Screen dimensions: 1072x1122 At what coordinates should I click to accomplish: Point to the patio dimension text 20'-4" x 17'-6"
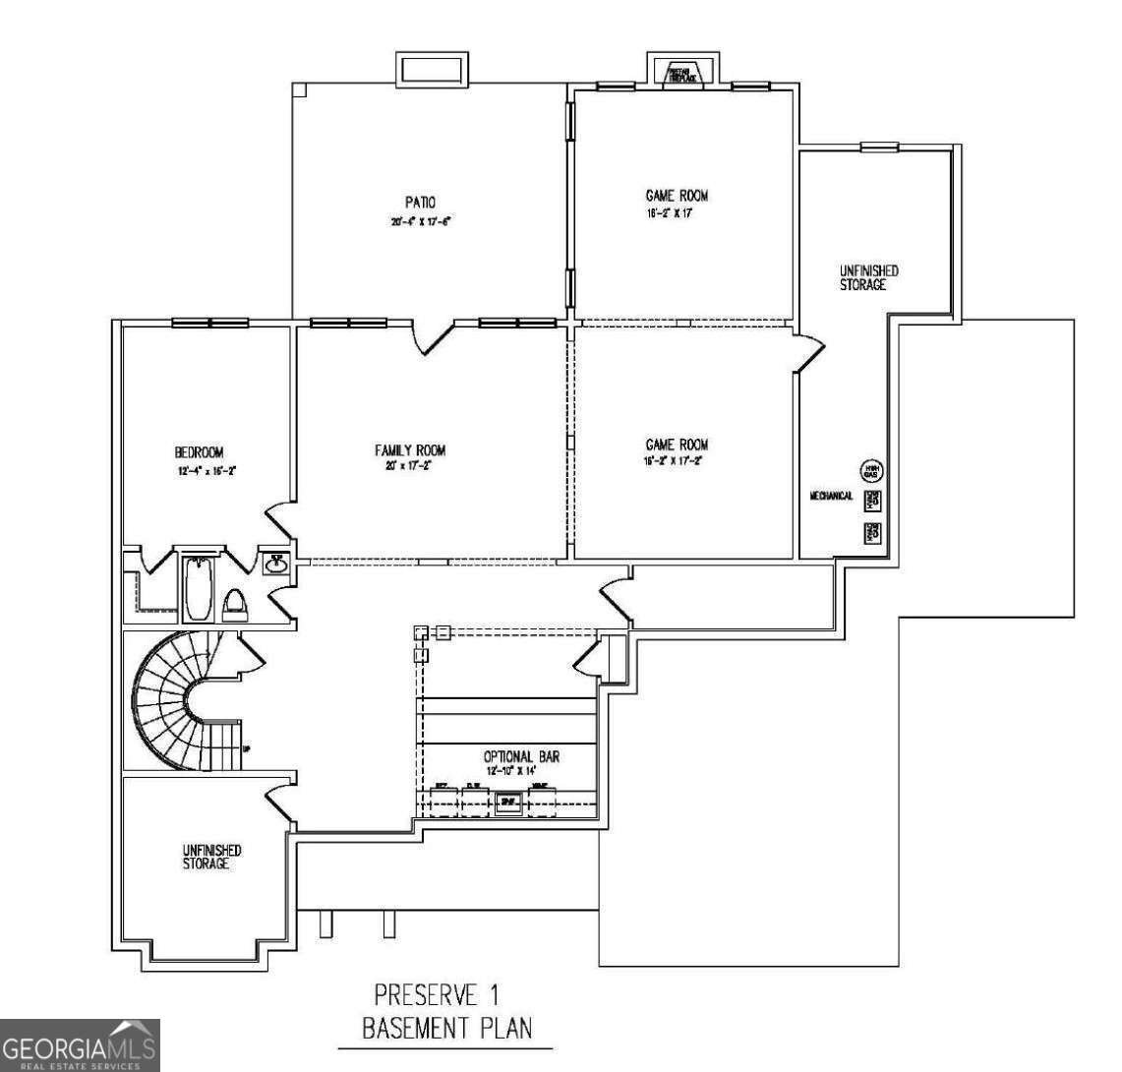coord(420,221)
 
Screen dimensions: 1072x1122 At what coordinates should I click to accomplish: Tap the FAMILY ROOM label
coord(410,450)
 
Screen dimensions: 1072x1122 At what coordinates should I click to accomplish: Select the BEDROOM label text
coord(199,452)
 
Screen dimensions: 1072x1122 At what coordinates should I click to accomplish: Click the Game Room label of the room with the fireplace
coord(677,196)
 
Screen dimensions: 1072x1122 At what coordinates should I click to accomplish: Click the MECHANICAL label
coord(831,497)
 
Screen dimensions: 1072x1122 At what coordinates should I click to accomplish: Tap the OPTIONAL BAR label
coord(521,756)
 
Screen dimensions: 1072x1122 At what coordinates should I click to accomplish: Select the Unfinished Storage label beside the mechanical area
coord(868,277)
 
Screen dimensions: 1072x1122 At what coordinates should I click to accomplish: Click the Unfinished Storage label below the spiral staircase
coord(211,856)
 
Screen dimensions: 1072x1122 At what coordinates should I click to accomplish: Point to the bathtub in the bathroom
coord(198,588)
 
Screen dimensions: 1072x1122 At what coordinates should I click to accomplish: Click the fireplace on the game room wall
coord(681,74)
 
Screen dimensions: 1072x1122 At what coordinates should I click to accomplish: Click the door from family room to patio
coord(433,337)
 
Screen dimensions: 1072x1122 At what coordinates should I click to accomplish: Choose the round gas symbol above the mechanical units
coord(871,470)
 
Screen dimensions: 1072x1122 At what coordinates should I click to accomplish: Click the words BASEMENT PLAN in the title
coord(447,1029)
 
